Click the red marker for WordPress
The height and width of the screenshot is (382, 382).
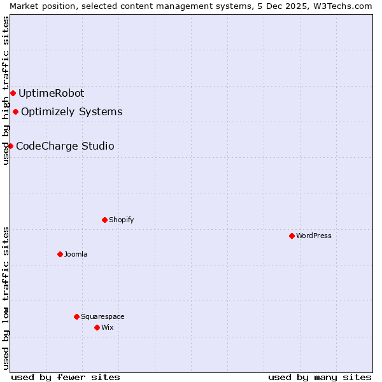(292, 236)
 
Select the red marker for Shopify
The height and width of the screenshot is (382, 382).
(104, 220)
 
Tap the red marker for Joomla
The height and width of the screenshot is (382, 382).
(60, 254)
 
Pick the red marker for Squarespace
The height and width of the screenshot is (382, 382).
(76, 316)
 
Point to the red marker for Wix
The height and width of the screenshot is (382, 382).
(97, 327)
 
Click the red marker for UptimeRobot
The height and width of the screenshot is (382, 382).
(13, 93)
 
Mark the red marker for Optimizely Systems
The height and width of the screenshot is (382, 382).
(15, 112)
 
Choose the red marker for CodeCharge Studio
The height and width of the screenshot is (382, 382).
(10, 146)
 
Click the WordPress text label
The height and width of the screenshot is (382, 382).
(314, 236)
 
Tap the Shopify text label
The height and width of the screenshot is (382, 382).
(121, 220)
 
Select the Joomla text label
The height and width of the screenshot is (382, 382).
(76, 254)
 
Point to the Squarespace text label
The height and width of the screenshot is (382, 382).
(103, 316)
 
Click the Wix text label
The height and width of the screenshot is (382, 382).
(108, 327)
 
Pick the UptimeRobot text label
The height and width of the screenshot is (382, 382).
(51, 93)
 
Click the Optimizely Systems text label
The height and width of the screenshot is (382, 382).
(71, 112)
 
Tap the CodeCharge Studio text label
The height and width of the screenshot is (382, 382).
(65, 146)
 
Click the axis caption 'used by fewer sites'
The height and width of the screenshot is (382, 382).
(66, 377)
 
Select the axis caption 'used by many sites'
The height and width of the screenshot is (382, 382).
(320, 377)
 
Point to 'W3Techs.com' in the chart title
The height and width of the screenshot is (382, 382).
(346, 6)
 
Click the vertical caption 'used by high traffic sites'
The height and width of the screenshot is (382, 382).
(6, 90)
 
